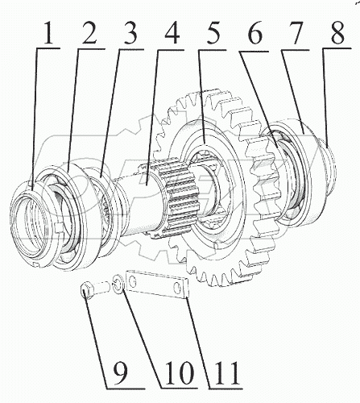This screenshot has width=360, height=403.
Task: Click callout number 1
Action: click(48, 33)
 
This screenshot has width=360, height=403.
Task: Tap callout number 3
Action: click(129, 33)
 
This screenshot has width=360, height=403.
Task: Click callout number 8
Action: click(337, 33)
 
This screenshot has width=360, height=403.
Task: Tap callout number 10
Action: click(180, 373)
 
